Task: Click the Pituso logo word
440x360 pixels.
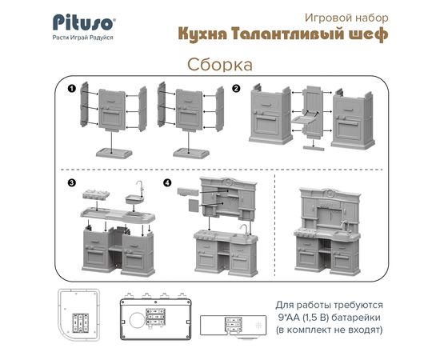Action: pyautogui.click(x=84, y=22)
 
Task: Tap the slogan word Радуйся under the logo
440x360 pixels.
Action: pyautogui.click(x=102, y=38)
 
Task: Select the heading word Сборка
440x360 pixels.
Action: pyautogui.click(x=220, y=65)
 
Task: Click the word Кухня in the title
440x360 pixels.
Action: pyautogui.click(x=203, y=34)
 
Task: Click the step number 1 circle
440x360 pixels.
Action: pyautogui.click(x=71, y=89)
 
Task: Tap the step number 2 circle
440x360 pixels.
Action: pyautogui.click(x=236, y=89)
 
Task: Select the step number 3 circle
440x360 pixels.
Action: pyautogui.click(x=71, y=183)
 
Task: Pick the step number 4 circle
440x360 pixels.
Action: pyautogui.click(x=167, y=183)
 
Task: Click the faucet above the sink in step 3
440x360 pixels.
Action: pyautogui.click(x=140, y=187)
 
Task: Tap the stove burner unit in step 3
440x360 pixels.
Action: pyautogui.click(x=96, y=194)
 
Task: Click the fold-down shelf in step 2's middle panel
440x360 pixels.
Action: pyautogui.click(x=303, y=120)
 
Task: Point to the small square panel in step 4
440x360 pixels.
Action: pyautogui.click(x=194, y=206)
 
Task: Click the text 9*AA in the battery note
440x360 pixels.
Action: pyautogui.click(x=290, y=318)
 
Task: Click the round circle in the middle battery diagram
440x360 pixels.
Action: pyautogui.click(x=138, y=320)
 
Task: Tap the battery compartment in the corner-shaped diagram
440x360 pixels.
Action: pyautogui.click(x=80, y=323)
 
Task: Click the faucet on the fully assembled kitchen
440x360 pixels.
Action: pyautogui.click(x=345, y=226)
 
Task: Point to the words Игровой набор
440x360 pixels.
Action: pyautogui.click(x=346, y=18)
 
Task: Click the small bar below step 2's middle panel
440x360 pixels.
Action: pyautogui.click(x=314, y=148)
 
